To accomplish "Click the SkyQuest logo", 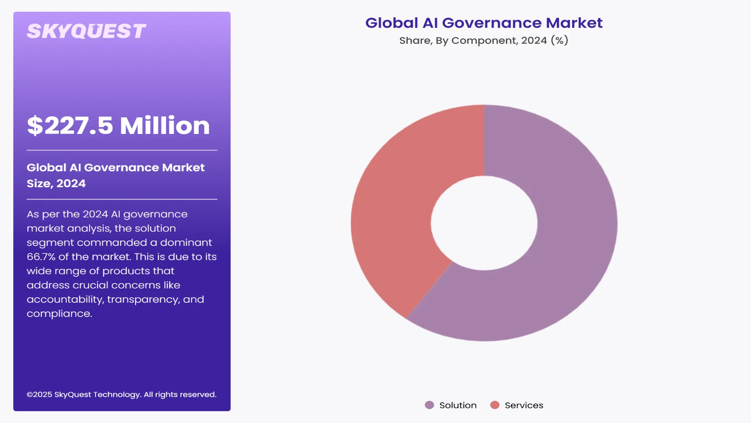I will (x=86, y=31).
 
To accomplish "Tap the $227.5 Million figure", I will (x=118, y=126).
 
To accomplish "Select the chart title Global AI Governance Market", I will (x=484, y=23).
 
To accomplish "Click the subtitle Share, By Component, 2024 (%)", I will (x=483, y=40).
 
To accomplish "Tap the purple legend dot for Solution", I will (x=429, y=405).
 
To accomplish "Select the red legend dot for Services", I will (x=495, y=405).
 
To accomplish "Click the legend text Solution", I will (x=458, y=405).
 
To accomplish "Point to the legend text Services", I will (x=524, y=405).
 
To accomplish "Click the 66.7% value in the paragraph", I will (x=41, y=257).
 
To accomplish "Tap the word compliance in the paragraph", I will (x=59, y=314).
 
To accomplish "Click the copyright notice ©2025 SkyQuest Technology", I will (x=121, y=394).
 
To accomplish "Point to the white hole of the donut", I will (x=484, y=223).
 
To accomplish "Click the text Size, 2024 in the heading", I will (x=56, y=183).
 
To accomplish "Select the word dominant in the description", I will (x=186, y=243).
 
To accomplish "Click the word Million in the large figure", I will (x=165, y=126).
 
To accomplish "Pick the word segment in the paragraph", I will (x=50, y=243).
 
